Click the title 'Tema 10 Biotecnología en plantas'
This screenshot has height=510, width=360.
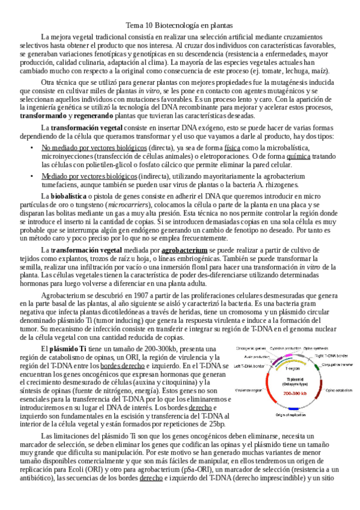tap(180, 26)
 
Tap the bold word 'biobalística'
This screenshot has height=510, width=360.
tap(69, 195)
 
